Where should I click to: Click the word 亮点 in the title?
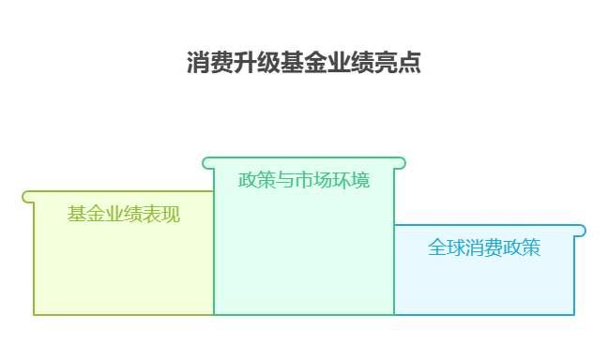click(398, 63)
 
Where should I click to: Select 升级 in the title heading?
click(257, 63)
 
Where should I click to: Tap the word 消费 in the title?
click(210, 63)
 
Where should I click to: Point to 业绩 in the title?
click(351, 63)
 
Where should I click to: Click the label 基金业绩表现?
click(124, 214)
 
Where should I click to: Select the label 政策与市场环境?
click(304, 180)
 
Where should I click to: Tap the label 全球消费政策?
click(484, 247)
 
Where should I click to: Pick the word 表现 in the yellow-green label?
click(161, 214)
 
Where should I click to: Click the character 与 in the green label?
click(285, 180)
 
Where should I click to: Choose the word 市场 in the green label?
click(313, 180)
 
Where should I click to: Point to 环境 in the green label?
click(351, 180)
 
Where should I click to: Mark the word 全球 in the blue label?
click(447, 247)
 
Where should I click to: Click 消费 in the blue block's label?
click(484, 247)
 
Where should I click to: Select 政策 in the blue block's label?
click(522, 247)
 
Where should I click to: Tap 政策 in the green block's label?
click(257, 180)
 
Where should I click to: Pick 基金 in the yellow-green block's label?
click(86, 214)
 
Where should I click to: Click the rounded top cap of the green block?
click(304, 163)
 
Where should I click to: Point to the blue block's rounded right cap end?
click(581, 231)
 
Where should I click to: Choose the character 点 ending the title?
click(410, 63)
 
